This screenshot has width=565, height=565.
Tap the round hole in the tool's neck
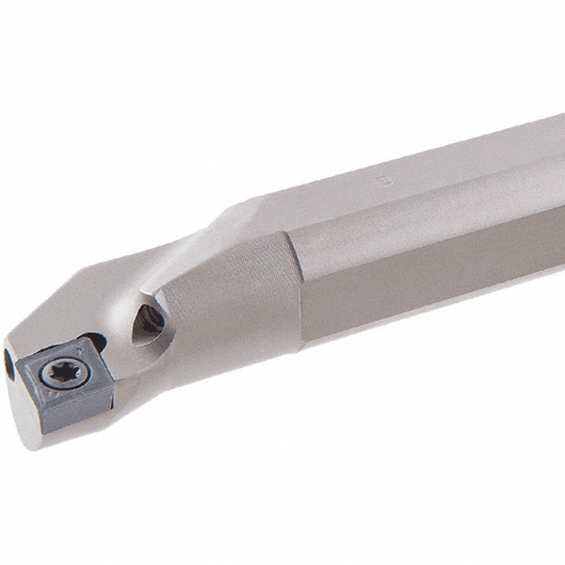coord(149,321)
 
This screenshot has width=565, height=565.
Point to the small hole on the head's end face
coord(9,363)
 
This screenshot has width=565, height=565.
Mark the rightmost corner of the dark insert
coord(115,380)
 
